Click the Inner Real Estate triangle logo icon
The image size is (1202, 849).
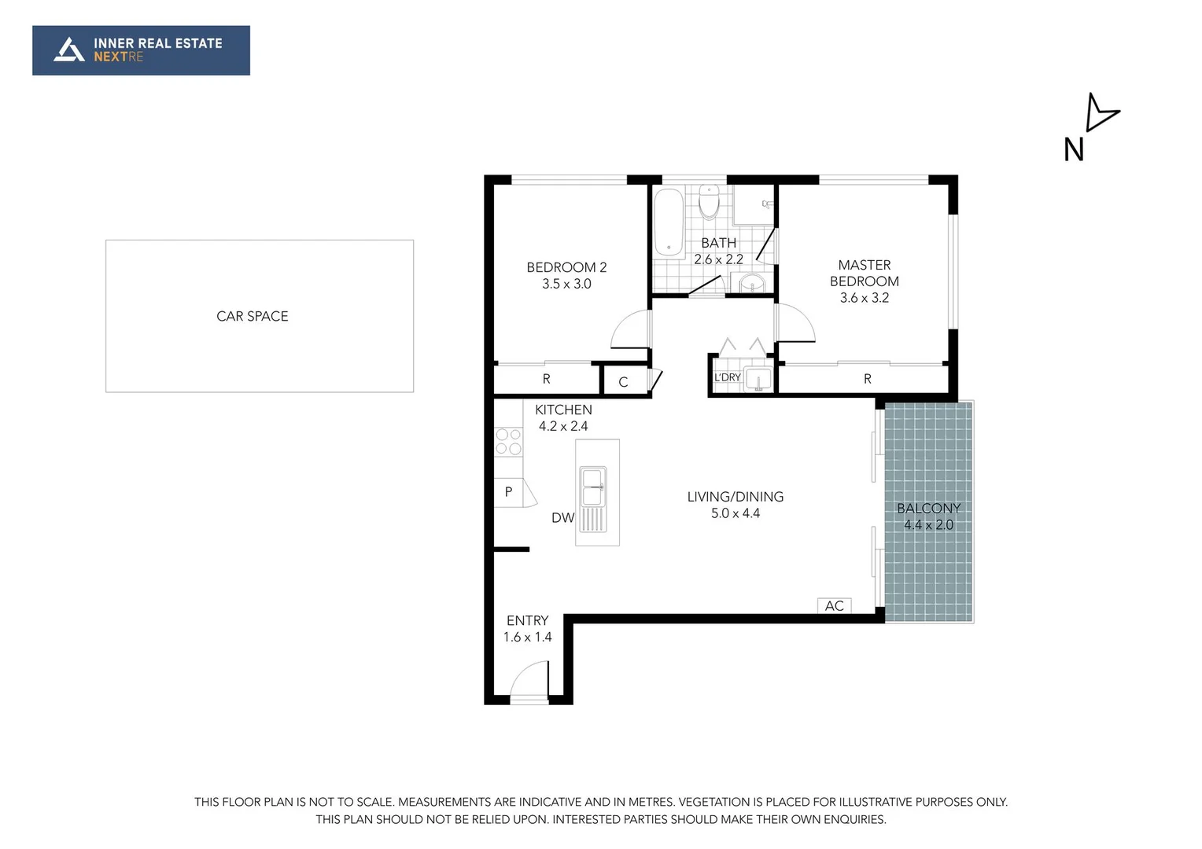69,50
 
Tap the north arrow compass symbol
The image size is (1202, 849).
1099,112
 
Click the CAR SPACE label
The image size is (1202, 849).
252,316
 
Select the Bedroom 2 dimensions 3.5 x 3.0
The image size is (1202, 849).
566,284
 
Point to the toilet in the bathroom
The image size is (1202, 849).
709,202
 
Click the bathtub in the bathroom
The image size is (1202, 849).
669,222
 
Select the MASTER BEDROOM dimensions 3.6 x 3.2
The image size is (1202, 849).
864,298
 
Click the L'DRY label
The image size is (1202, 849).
728,377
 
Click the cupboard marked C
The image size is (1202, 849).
623,382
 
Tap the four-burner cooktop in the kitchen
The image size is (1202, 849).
508,442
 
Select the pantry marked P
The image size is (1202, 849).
509,492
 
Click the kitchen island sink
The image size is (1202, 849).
592,487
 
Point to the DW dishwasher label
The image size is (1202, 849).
562,517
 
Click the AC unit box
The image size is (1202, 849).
835,605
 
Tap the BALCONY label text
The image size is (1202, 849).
928,508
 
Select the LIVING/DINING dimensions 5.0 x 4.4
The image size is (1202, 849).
736,513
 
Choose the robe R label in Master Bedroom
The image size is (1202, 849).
867,379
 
